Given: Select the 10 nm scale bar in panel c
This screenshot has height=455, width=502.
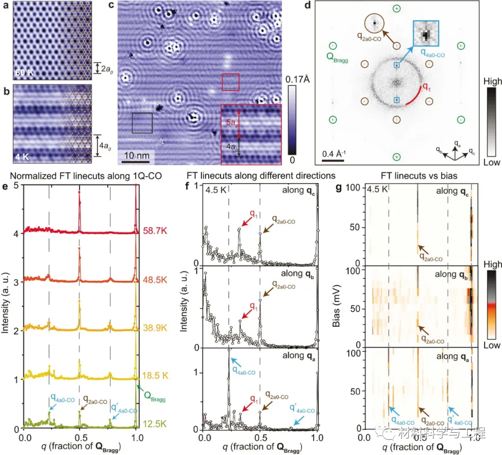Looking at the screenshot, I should (x=136, y=161).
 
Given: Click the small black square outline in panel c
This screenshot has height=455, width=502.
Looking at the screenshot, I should (x=142, y=123).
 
